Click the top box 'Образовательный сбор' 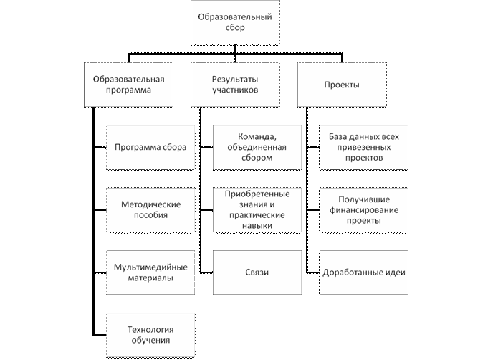click(234, 22)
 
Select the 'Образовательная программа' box click(129, 85)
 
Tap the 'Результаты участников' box click(234, 85)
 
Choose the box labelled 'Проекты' click(342, 85)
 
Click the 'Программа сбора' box click(150, 147)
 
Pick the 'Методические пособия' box click(150, 209)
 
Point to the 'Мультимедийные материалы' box click(150, 272)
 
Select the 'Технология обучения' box click(150, 334)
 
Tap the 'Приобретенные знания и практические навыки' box click(257, 209)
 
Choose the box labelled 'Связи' click(257, 272)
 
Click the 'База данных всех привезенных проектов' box click(363, 147)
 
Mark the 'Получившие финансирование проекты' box click(363, 209)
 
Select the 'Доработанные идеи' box click(363, 272)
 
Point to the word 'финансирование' click(363, 209)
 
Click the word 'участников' click(234, 91)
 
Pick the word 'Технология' click(150, 329)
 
